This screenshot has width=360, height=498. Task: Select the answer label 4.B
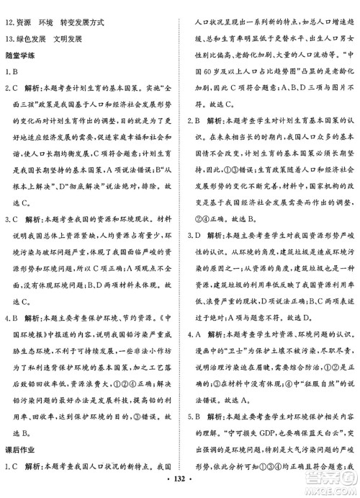(12, 295)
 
